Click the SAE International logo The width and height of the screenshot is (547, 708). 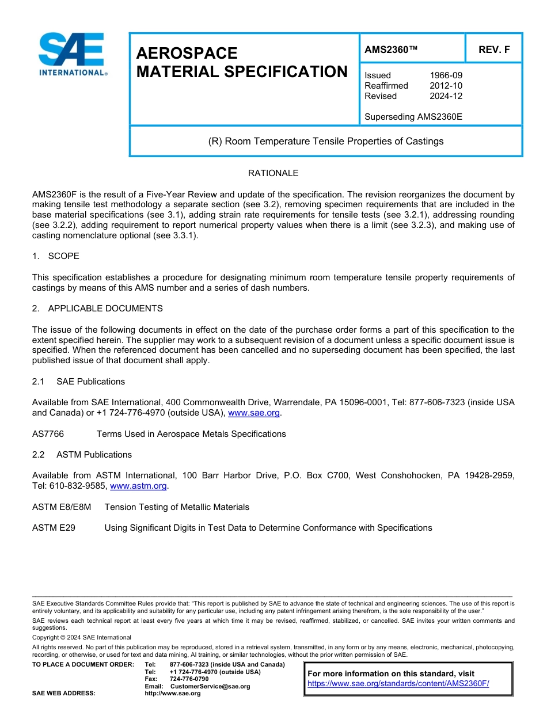click(71, 55)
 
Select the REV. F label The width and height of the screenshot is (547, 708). click(493, 50)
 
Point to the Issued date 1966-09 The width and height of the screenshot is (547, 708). click(446, 75)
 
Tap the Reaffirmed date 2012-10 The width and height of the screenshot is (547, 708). click(446, 86)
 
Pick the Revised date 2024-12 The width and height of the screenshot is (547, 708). click(446, 96)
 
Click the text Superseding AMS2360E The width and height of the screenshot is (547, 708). click(413, 117)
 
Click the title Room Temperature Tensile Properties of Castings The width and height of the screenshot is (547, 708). click(326, 141)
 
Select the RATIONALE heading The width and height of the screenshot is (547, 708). click(273, 173)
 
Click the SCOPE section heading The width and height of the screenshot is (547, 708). click(63, 256)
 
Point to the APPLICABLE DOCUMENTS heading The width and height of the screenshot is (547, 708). click(105, 309)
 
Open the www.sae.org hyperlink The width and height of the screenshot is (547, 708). click(254, 413)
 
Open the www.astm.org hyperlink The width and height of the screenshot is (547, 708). click(138, 486)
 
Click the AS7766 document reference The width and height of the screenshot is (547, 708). click(48, 434)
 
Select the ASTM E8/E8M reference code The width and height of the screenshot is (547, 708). click(62, 507)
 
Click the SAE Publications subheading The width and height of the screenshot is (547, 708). click(90, 382)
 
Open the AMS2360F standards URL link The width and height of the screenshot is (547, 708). click(398, 684)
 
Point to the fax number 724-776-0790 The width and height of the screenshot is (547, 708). click(189, 679)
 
